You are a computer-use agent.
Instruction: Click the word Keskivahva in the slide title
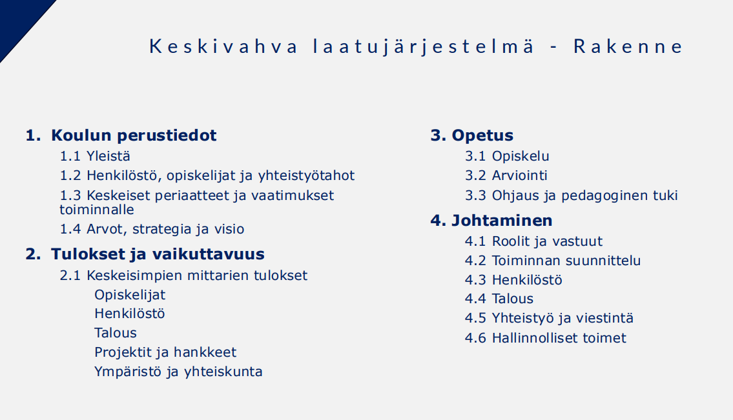[223, 46]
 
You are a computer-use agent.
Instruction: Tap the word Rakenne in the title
[628, 46]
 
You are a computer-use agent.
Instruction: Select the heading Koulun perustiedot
[134, 135]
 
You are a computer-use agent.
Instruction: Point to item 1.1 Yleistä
[95, 156]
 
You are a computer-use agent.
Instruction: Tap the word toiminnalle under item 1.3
[97, 209]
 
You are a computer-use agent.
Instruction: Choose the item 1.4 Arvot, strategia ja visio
[152, 229]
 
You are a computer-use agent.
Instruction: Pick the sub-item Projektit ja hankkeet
[165, 352]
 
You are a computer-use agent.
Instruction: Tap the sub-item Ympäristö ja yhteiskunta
[178, 372]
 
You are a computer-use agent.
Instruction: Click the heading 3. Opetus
[471, 135]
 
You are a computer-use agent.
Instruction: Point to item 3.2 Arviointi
[506, 175]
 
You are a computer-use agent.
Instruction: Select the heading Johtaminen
[502, 220]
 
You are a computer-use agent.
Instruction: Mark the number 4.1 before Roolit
[475, 241]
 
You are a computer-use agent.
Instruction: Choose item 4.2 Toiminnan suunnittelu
[553, 260]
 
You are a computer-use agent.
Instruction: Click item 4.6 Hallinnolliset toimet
[546, 337]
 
